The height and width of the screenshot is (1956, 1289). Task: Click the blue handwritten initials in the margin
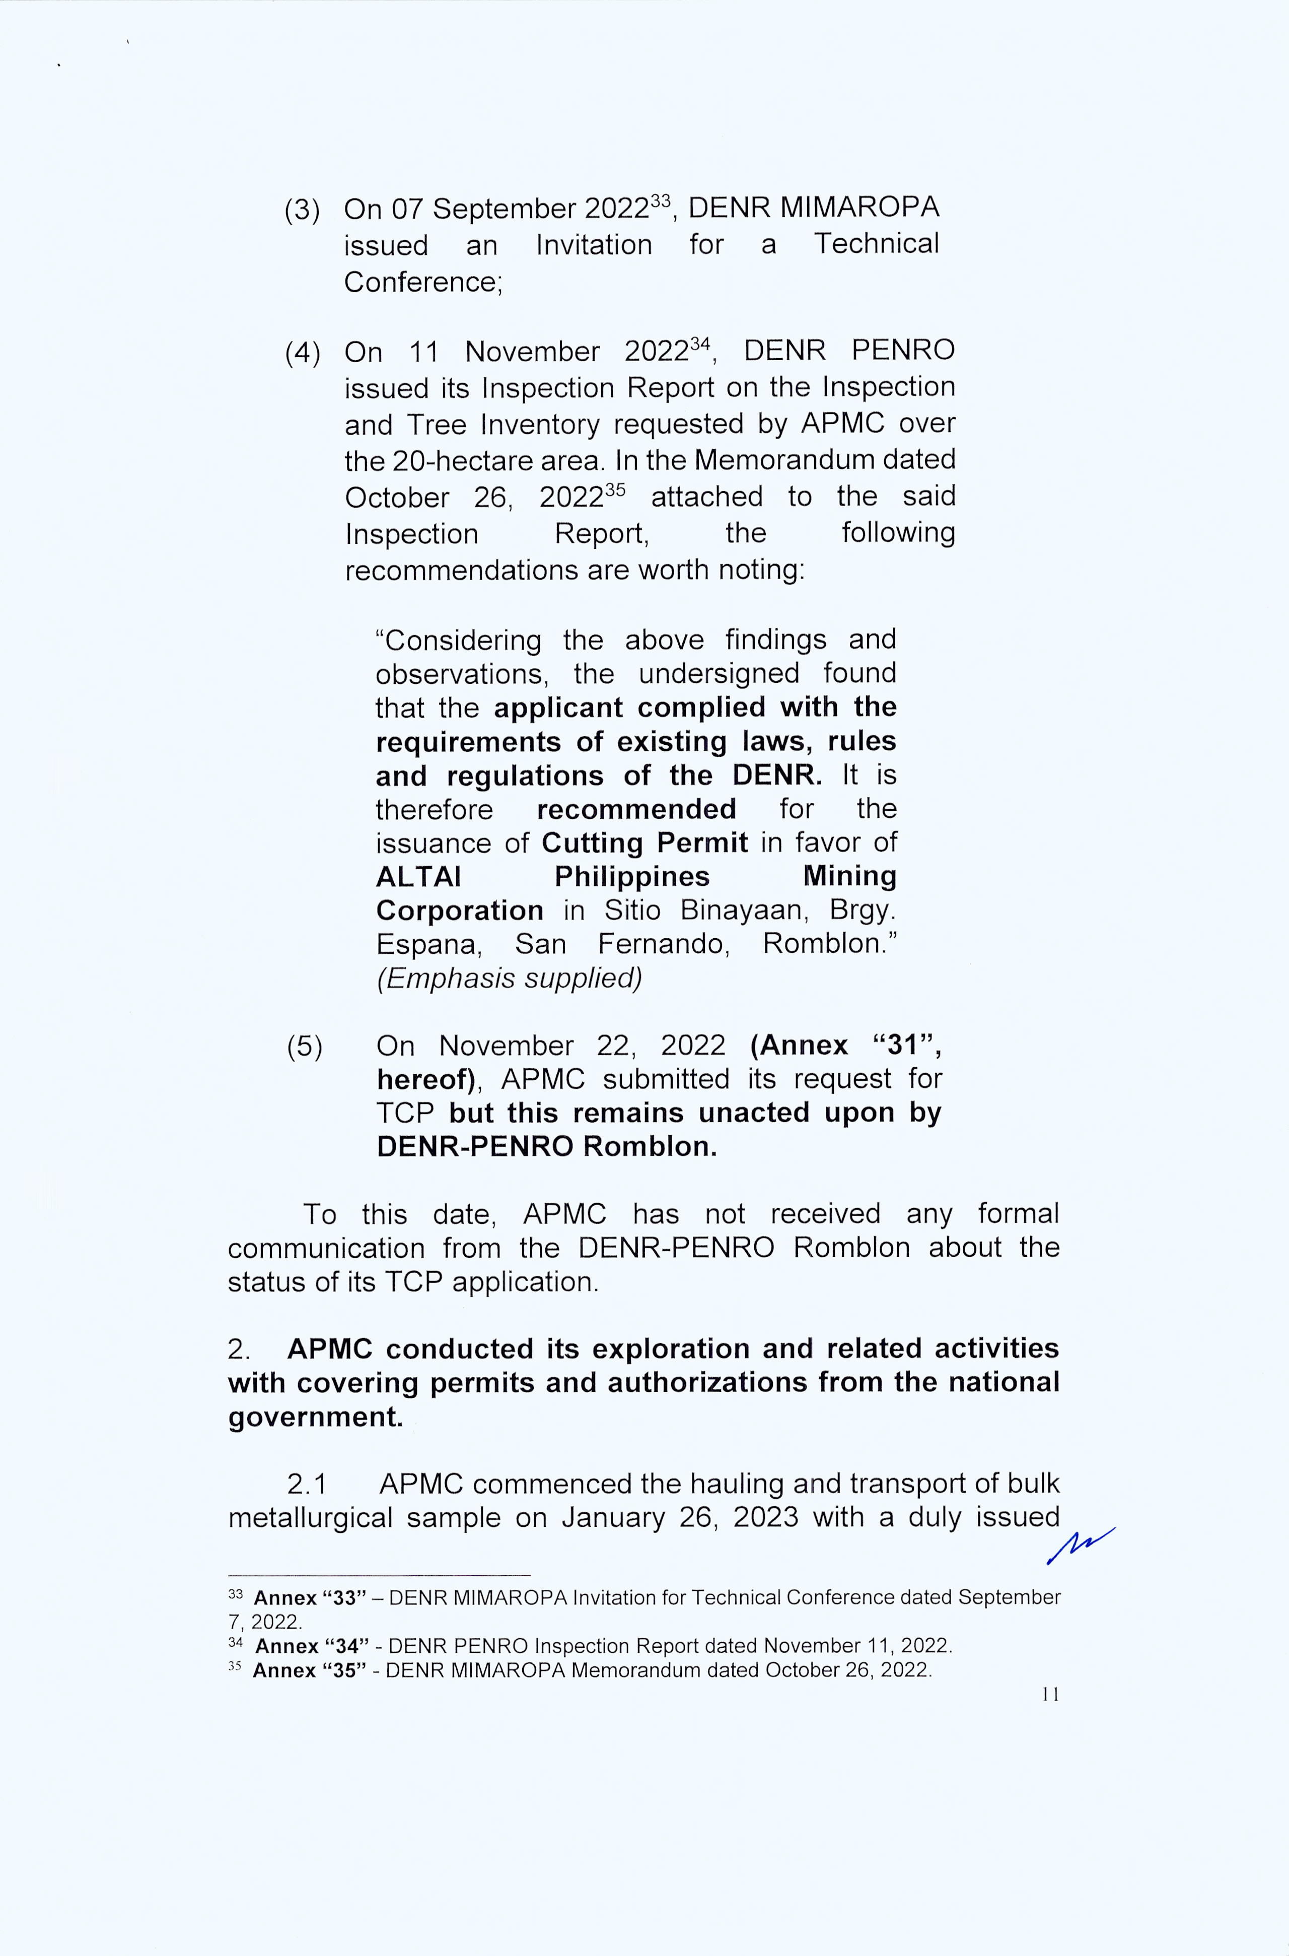(x=1080, y=1546)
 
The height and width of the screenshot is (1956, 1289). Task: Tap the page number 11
(x=1050, y=1694)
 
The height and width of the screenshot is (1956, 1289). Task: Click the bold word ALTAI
(x=418, y=877)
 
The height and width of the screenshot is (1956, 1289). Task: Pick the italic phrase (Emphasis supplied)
(x=509, y=979)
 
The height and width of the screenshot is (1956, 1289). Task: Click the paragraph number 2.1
(x=308, y=1484)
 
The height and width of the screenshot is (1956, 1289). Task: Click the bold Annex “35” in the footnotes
(x=309, y=1670)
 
